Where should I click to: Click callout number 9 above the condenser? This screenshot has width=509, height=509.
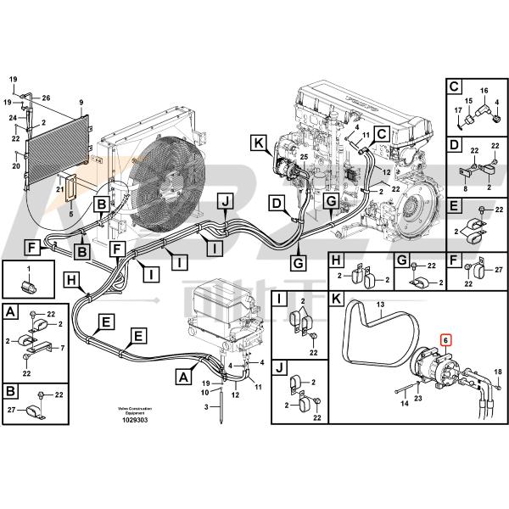click(x=81, y=103)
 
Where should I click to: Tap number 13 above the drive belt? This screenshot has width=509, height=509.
click(x=381, y=305)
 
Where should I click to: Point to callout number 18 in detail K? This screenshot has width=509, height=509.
click(x=497, y=372)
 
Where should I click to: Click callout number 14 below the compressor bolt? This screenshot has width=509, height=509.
click(x=405, y=405)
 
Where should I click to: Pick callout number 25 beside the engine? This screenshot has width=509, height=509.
click(x=304, y=158)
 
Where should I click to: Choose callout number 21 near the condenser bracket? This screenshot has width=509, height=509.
click(x=59, y=189)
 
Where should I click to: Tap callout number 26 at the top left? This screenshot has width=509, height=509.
click(x=46, y=98)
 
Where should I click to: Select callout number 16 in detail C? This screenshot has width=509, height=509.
click(x=484, y=92)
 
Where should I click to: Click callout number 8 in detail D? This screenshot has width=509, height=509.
click(x=465, y=187)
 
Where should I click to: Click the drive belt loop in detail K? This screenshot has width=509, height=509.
click(x=373, y=331)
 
